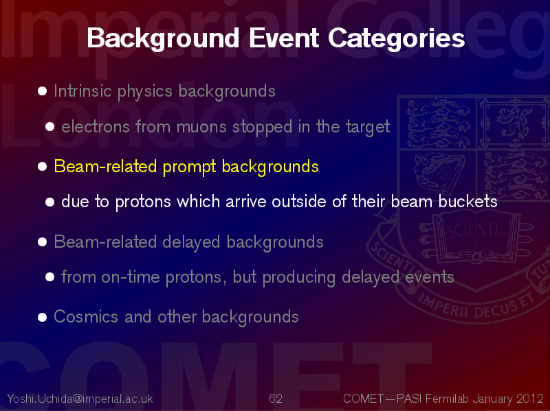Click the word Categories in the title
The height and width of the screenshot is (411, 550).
[x=397, y=39]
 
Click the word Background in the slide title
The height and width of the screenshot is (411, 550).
[x=163, y=39]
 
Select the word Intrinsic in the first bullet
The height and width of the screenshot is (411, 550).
[x=82, y=91]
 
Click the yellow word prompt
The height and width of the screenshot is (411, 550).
[x=189, y=167]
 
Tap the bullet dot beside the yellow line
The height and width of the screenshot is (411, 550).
[x=42, y=166]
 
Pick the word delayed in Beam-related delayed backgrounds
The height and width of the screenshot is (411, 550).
[x=192, y=242]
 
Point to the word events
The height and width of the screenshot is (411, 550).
[x=429, y=277]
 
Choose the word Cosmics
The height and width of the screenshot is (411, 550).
[x=85, y=317]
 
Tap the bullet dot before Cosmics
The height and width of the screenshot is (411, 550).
[x=42, y=317]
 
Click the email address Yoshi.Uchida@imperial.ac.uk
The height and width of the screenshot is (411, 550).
[x=80, y=399]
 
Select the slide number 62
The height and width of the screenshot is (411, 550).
[x=276, y=399]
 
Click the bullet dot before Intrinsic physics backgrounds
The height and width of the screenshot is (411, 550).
[x=42, y=91]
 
